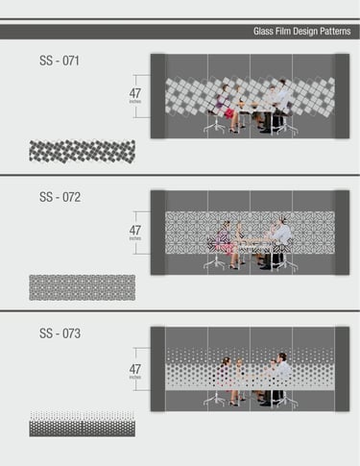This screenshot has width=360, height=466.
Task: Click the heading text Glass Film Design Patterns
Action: [302, 32]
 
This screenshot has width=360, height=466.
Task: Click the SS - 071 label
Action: [60, 61]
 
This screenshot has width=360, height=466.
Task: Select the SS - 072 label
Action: [60, 197]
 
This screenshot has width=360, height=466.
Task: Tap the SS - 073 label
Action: [60, 333]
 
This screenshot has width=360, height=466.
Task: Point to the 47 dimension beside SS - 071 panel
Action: [135, 93]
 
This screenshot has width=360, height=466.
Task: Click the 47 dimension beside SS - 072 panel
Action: [135, 230]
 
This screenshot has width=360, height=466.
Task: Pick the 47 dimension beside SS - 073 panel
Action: [135, 369]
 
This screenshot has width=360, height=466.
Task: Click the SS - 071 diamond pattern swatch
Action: [83, 151]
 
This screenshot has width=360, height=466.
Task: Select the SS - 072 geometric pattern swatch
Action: [83, 287]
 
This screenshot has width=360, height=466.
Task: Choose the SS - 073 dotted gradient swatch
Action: [83, 424]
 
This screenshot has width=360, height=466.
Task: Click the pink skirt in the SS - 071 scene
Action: [229, 113]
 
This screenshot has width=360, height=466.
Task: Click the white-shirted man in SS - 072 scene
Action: [280, 235]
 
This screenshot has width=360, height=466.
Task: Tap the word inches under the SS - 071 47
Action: [135, 102]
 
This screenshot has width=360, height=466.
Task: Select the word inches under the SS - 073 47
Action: [135, 378]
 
